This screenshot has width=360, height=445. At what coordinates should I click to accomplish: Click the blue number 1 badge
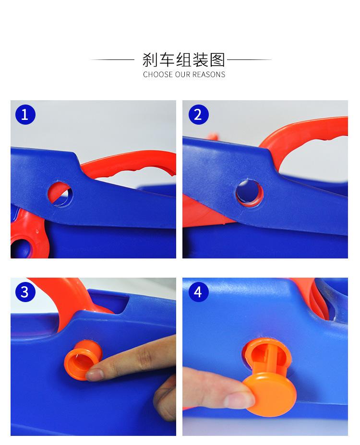tap(25, 115)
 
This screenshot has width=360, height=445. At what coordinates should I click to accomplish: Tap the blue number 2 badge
tap(198, 115)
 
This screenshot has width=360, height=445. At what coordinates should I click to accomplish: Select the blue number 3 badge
tap(25, 292)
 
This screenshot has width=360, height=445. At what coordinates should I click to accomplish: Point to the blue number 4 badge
tap(198, 292)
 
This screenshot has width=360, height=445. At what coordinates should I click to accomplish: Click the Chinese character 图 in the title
tap(217, 60)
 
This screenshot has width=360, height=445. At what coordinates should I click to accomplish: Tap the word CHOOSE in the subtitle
tap(158, 75)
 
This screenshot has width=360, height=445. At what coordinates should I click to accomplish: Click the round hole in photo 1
tap(60, 194)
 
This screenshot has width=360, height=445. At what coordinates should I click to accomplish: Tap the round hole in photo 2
tap(249, 193)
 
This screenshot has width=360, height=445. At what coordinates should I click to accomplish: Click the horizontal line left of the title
tap(112, 59)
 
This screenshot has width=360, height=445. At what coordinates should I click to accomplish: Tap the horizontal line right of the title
tap(250, 59)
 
